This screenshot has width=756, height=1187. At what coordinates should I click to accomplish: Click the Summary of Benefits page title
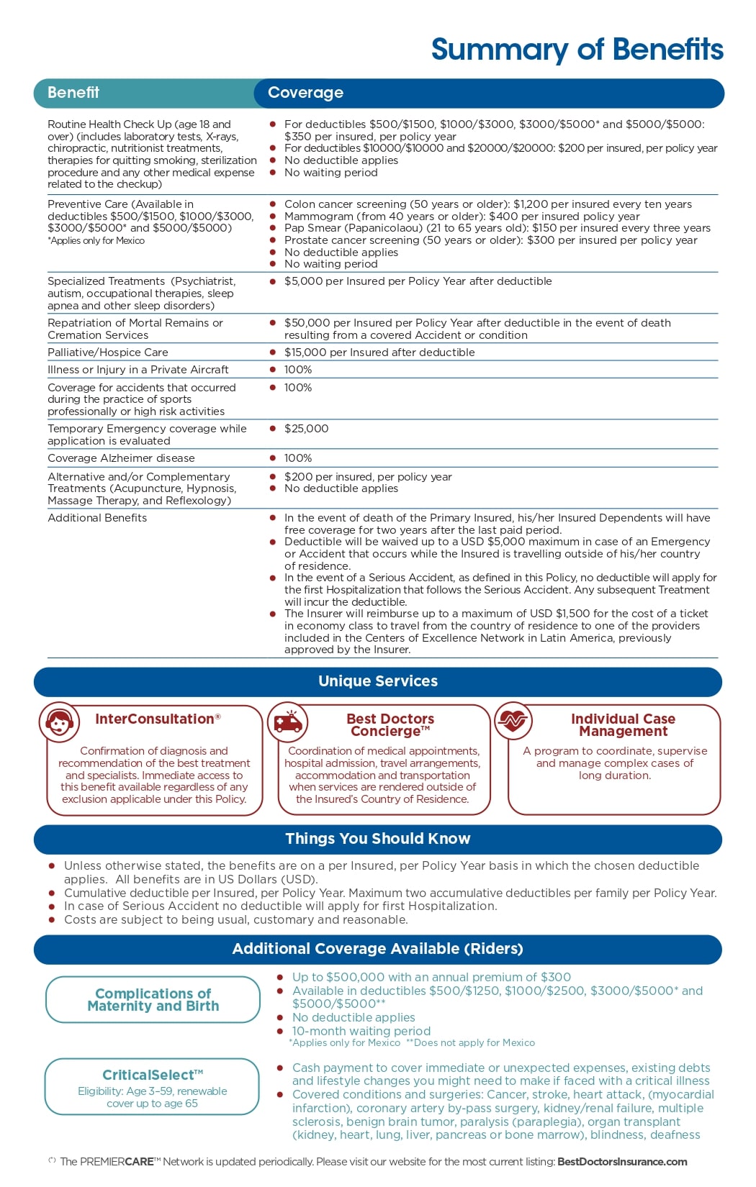(577, 50)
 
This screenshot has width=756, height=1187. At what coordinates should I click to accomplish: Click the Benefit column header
(73, 93)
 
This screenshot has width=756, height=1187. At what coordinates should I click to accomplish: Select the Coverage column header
(305, 93)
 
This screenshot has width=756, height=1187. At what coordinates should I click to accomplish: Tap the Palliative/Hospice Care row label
(108, 353)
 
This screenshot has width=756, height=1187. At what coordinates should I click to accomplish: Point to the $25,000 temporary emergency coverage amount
(307, 429)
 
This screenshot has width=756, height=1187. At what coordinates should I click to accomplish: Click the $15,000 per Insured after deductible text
(379, 353)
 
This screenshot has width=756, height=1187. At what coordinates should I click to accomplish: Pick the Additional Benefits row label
(97, 518)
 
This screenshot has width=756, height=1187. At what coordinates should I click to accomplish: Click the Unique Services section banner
(378, 681)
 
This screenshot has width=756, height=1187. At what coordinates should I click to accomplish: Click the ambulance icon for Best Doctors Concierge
(287, 722)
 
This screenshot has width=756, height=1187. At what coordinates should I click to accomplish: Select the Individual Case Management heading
(623, 725)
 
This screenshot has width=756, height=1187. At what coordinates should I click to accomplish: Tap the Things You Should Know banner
(378, 839)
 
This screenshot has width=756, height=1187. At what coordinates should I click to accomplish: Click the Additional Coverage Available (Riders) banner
(378, 949)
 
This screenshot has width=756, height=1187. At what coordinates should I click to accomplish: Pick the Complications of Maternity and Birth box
(153, 1000)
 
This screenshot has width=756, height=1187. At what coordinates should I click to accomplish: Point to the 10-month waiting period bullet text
(361, 1031)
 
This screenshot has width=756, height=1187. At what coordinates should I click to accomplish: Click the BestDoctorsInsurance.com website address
(622, 1162)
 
